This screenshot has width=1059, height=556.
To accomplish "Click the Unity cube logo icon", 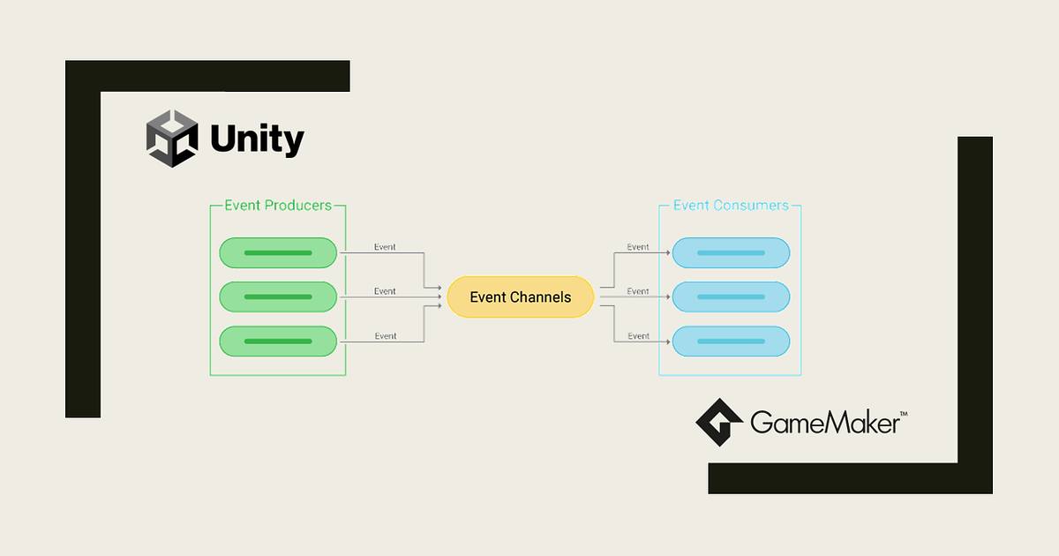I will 172,139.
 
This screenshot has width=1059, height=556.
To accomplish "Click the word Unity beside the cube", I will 257,139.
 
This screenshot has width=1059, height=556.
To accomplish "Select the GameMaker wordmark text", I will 824,423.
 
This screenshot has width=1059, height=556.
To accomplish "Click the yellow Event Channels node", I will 521,297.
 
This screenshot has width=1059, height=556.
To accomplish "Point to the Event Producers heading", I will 278,206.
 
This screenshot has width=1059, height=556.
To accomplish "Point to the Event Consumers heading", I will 731,206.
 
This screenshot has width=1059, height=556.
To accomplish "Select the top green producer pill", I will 278,253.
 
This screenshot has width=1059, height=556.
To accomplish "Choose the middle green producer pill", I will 278,297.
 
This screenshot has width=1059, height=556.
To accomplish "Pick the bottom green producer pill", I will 278,342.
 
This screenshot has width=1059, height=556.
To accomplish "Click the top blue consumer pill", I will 731,253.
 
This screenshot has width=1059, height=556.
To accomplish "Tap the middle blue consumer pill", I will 731,297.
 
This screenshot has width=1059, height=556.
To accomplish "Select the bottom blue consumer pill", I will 731,342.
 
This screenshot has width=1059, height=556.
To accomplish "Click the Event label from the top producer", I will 385,247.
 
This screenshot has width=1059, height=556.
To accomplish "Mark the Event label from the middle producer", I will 385,291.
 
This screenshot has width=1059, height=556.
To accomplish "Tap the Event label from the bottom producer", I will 385,336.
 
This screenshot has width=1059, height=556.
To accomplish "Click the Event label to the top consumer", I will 638,247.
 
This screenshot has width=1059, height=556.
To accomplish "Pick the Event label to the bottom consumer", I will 638,336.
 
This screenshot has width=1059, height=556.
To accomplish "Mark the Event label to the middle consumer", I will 638,291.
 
